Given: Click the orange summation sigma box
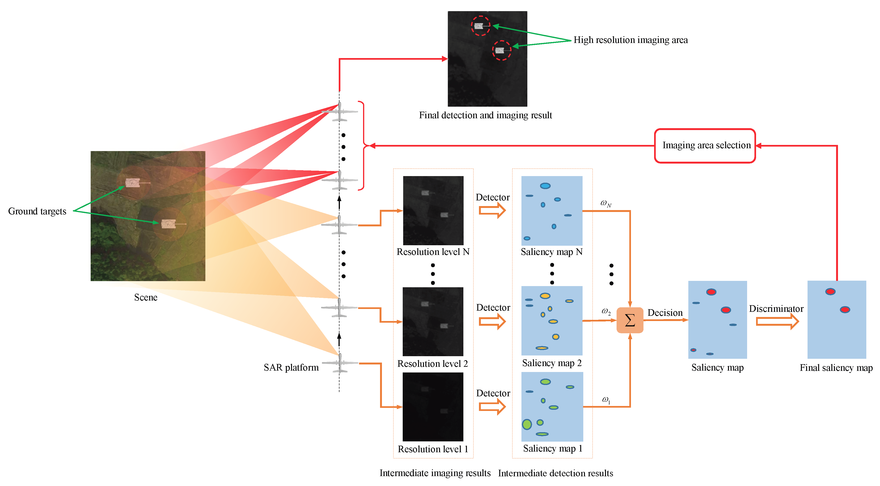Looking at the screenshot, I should (630, 320).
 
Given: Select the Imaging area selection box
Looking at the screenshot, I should (705, 145).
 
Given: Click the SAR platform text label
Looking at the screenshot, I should (291, 368).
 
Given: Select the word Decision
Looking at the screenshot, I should (664, 313).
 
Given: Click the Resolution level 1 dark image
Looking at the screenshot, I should (433, 406).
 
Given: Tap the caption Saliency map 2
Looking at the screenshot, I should (551, 363).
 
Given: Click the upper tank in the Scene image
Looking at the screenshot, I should (133, 183).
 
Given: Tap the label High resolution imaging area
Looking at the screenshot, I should (630, 40).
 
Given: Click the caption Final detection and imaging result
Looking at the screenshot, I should (485, 115).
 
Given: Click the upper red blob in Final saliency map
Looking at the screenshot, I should (830, 291).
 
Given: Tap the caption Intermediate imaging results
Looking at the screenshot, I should (435, 473).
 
